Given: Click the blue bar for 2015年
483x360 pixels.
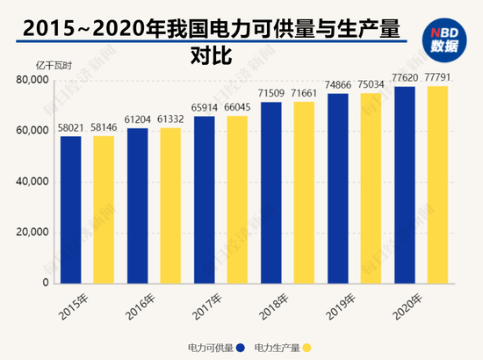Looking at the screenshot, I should click(71, 210).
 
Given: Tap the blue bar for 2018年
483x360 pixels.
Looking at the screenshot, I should click(271, 193).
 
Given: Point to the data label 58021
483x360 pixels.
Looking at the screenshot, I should click(71, 128).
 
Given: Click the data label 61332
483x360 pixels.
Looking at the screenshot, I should click(170, 120).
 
